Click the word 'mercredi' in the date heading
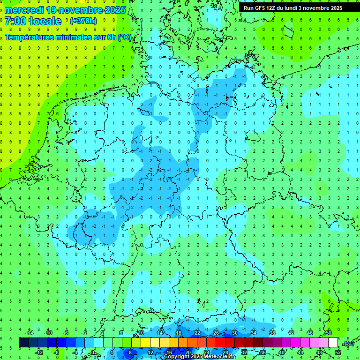(x=23, y=10)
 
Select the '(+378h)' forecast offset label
(x=83, y=21)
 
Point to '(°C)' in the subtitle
(x=125, y=37)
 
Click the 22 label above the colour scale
(x=197, y=333)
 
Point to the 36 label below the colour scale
(x=263, y=352)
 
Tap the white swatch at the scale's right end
(x=333, y=343)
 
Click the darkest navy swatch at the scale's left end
(x=23, y=343)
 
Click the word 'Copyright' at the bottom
(x=177, y=357)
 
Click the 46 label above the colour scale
(x=310, y=333)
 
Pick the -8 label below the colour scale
(x=56, y=352)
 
